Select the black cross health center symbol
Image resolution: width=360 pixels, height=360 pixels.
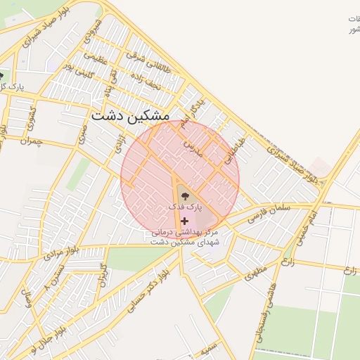(x=185, y=221)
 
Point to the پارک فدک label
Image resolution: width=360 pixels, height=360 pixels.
(x=185, y=208)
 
